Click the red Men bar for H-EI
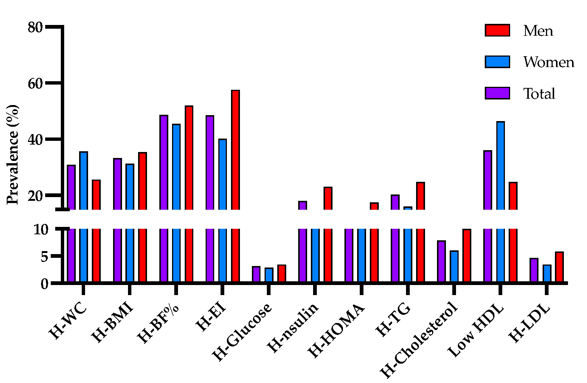coord(235,149)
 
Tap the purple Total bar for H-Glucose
coord(256,274)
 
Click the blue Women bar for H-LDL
coord(547,273)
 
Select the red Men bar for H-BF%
coord(189,156)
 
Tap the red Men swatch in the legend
coord(497,31)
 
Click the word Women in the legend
coord(549,62)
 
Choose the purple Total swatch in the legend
coord(497,93)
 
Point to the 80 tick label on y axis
coord(35,27)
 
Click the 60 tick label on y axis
coord(35,83)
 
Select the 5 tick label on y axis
coord(44,257)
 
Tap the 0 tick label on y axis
coord(44,284)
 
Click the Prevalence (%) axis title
coord(13,155)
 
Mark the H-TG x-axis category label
coord(393,320)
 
